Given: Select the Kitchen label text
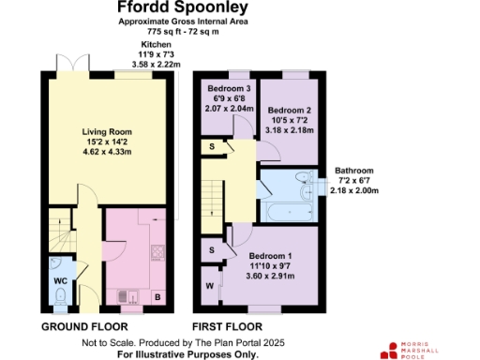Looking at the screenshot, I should (x=157, y=45).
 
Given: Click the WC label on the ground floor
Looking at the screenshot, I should (x=59, y=279).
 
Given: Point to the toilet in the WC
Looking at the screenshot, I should (x=59, y=298).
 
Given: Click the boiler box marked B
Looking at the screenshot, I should (x=157, y=298).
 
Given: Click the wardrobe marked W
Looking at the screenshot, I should (x=209, y=286).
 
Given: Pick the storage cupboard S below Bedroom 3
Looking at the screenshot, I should (x=213, y=147).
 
